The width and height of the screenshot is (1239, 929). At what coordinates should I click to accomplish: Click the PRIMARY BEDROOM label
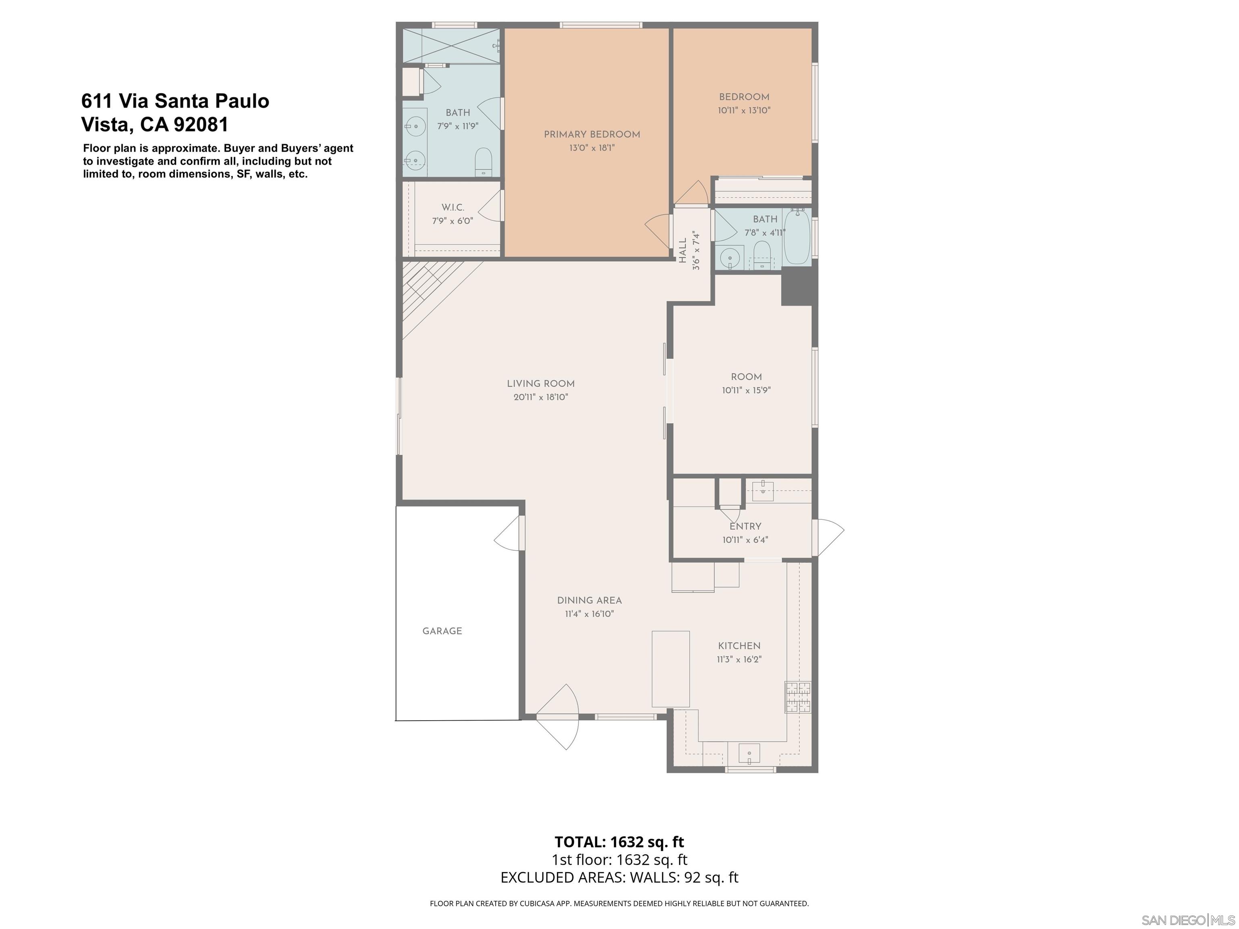(x=592, y=134)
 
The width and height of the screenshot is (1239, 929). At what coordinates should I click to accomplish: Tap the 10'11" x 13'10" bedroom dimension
(x=744, y=111)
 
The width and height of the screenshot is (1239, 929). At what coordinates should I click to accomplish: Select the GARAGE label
(x=442, y=631)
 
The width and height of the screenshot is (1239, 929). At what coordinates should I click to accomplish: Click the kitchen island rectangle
(x=670, y=669)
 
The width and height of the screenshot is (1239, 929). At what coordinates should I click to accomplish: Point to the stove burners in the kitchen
(x=798, y=697)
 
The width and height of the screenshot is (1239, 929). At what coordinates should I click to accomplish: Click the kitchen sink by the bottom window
(x=749, y=754)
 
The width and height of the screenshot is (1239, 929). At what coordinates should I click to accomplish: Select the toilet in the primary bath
(x=483, y=161)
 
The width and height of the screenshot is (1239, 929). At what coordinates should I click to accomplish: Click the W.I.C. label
(x=453, y=208)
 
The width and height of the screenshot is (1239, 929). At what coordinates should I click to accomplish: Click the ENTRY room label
(x=745, y=526)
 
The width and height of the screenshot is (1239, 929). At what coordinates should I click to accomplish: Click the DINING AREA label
(x=589, y=600)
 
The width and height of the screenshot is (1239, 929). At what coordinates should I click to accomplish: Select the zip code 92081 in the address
(x=201, y=124)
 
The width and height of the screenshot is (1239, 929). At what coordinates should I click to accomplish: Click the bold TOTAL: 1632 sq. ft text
(x=619, y=842)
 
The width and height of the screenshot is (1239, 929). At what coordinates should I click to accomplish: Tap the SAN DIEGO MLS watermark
(x=1187, y=920)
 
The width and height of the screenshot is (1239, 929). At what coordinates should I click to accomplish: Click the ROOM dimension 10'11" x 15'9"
(x=746, y=390)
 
